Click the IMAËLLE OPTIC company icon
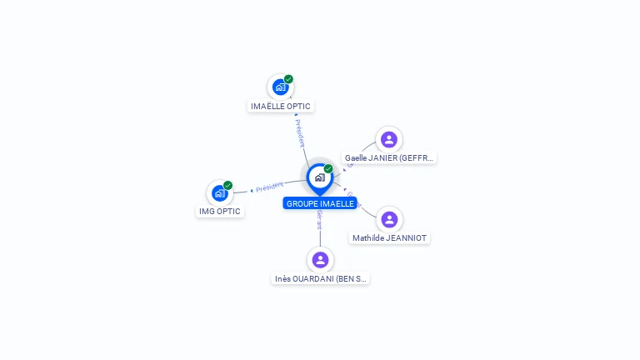coord(280,87)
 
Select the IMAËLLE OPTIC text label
coord(281,107)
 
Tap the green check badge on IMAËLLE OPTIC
coord(288,79)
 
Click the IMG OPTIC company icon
coord(219,193)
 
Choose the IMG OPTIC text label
coord(220,212)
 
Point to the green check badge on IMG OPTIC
coord(227,186)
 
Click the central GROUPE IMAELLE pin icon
coord(319,177)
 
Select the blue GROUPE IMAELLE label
coord(320,203)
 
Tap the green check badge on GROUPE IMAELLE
coord(328,169)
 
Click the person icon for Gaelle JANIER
coord(388,139)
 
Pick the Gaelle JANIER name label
coord(389,157)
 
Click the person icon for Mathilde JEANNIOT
coord(389,219)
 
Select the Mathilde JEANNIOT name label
coord(389,238)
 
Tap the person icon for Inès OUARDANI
coord(320,260)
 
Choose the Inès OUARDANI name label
coord(321,279)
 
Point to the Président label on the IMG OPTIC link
coord(270,187)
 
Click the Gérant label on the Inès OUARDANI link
coord(319,220)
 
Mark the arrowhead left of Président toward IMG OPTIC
coord(252,191)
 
